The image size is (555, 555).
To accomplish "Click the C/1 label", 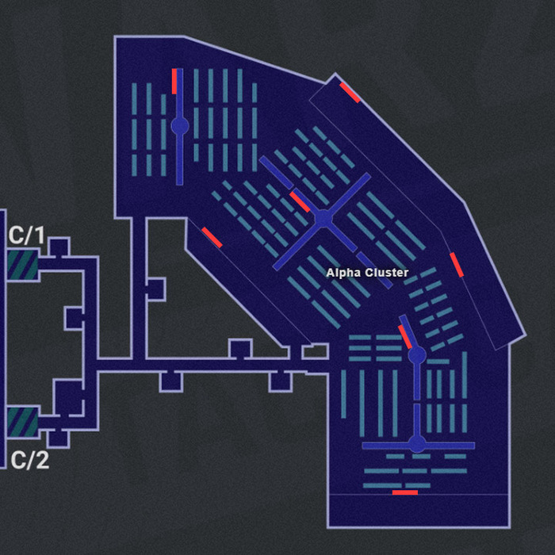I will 28,235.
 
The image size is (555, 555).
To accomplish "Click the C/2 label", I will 29,460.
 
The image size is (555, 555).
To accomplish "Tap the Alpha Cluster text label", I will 367,273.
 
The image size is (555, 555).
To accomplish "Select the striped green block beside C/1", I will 22,265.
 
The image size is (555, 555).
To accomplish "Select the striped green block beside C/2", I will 22,422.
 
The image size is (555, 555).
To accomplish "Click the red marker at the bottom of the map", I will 404,492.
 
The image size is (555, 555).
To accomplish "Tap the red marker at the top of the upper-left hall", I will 174,81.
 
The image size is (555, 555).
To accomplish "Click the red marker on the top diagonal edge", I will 350,93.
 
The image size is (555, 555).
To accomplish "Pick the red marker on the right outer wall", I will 457,265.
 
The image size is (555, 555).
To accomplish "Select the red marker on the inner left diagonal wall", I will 212,238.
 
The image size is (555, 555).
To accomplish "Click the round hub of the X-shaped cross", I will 323,218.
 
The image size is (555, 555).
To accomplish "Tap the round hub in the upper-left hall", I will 180,125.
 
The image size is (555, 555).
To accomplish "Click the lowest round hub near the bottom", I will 417,444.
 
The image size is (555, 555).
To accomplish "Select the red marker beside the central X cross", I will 300,201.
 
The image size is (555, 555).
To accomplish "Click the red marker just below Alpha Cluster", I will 405,337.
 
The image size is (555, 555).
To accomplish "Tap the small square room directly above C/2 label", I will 58,437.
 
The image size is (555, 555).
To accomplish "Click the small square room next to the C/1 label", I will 58,247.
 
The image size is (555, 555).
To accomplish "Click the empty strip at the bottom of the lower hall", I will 419,511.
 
